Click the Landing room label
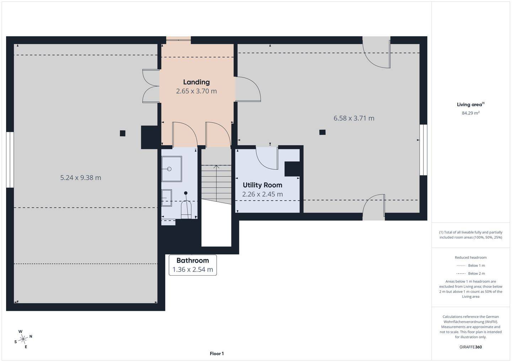click(x=196, y=82)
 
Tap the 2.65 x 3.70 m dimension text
click(x=196, y=91)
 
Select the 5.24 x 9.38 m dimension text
click(x=81, y=178)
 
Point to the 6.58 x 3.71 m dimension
click(x=354, y=118)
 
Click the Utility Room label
click(x=262, y=185)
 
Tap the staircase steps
click(x=216, y=184)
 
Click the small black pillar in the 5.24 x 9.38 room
click(x=123, y=133)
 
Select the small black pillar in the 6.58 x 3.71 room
click(x=322, y=132)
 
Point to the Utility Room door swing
click(x=267, y=158)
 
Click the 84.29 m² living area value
click(x=471, y=113)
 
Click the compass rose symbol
click(x=23, y=339)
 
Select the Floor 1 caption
click(x=217, y=353)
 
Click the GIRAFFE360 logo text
click(x=471, y=347)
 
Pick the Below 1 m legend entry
click(x=471, y=265)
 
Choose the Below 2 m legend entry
click(x=471, y=274)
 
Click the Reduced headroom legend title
click(x=471, y=258)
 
